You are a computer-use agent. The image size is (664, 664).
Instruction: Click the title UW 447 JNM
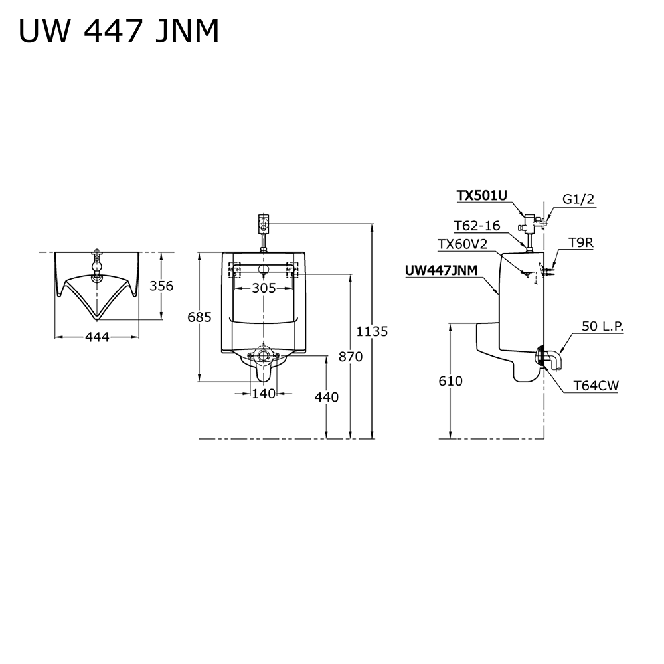tap(119, 31)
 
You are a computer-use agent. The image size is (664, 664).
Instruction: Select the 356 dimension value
tap(161, 286)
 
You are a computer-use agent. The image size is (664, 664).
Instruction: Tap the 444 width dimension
tap(98, 337)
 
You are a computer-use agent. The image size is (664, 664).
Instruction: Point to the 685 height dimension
tap(199, 317)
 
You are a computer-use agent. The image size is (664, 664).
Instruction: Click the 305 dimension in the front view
tap(264, 288)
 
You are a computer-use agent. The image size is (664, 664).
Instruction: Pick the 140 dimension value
tap(264, 394)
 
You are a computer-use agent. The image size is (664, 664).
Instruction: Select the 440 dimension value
tap(326, 397)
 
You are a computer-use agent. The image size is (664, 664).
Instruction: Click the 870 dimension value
tap(350, 357)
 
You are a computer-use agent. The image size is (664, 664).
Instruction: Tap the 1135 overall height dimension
tap(371, 331)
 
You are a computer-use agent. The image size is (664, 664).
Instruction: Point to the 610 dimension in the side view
tap(451, 381)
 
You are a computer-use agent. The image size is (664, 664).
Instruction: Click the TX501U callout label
tap(481, 195)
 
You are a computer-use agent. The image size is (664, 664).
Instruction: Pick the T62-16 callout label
tap(477, 226)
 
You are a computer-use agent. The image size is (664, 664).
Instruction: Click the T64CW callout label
tap(596, 385)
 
